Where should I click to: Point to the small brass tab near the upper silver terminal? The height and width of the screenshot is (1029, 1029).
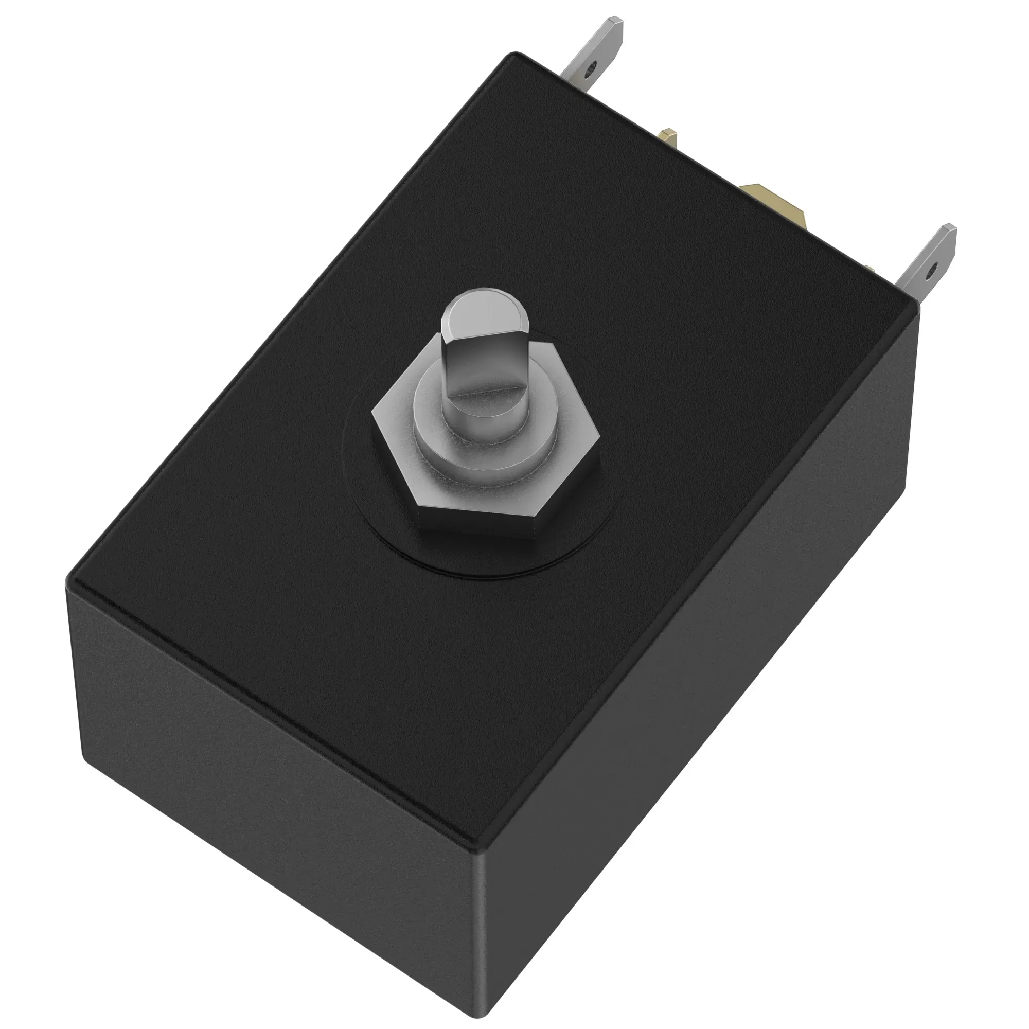669,138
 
